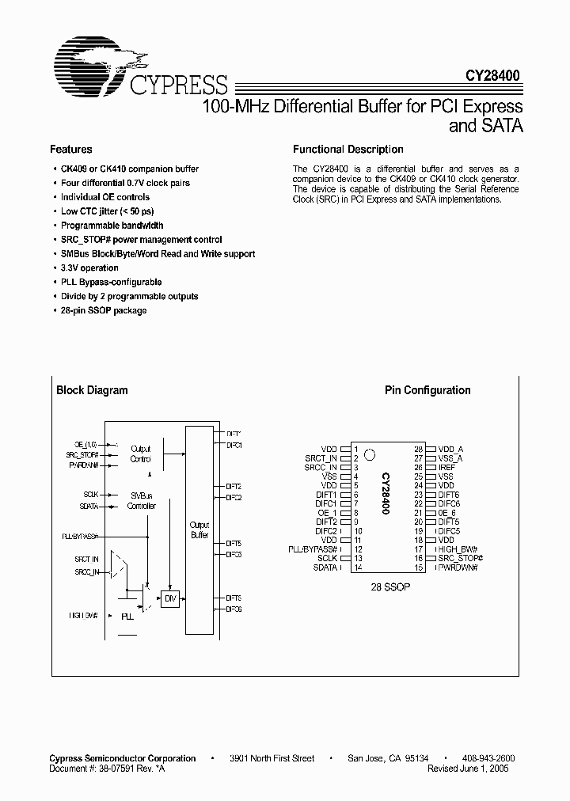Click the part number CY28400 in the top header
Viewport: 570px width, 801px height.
tap(492, 76)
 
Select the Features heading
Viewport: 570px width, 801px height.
tap(70, 150)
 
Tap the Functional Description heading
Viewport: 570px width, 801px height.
tap(348, 150)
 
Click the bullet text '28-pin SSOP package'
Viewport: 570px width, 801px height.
tap(104, 310)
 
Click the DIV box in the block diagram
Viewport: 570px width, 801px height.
tap(170, 599)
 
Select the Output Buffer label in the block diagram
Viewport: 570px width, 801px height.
tap(199, 530)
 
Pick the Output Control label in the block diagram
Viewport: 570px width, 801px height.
tap(140, 454)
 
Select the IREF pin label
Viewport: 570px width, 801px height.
tap(446, 468)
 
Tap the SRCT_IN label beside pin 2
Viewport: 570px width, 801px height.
tap(321, 458)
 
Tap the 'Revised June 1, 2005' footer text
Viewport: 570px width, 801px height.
tap(468, 768)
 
